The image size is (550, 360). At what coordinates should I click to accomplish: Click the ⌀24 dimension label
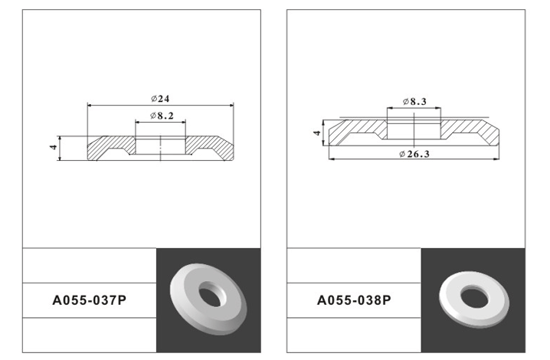point(160,99)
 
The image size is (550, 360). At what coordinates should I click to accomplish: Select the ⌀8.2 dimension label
point(162,116)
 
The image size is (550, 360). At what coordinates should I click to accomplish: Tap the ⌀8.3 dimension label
point(414,101)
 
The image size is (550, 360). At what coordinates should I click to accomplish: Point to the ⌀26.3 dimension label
point(414,154)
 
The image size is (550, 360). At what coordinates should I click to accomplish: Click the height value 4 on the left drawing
point(54,147)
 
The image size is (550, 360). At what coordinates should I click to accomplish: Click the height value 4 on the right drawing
point(317,133)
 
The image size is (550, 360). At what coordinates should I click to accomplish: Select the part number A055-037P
point(89,300)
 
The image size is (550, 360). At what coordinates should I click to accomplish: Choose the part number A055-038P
point(354,300)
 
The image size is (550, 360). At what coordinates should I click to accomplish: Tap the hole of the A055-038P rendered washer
point(475,298)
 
